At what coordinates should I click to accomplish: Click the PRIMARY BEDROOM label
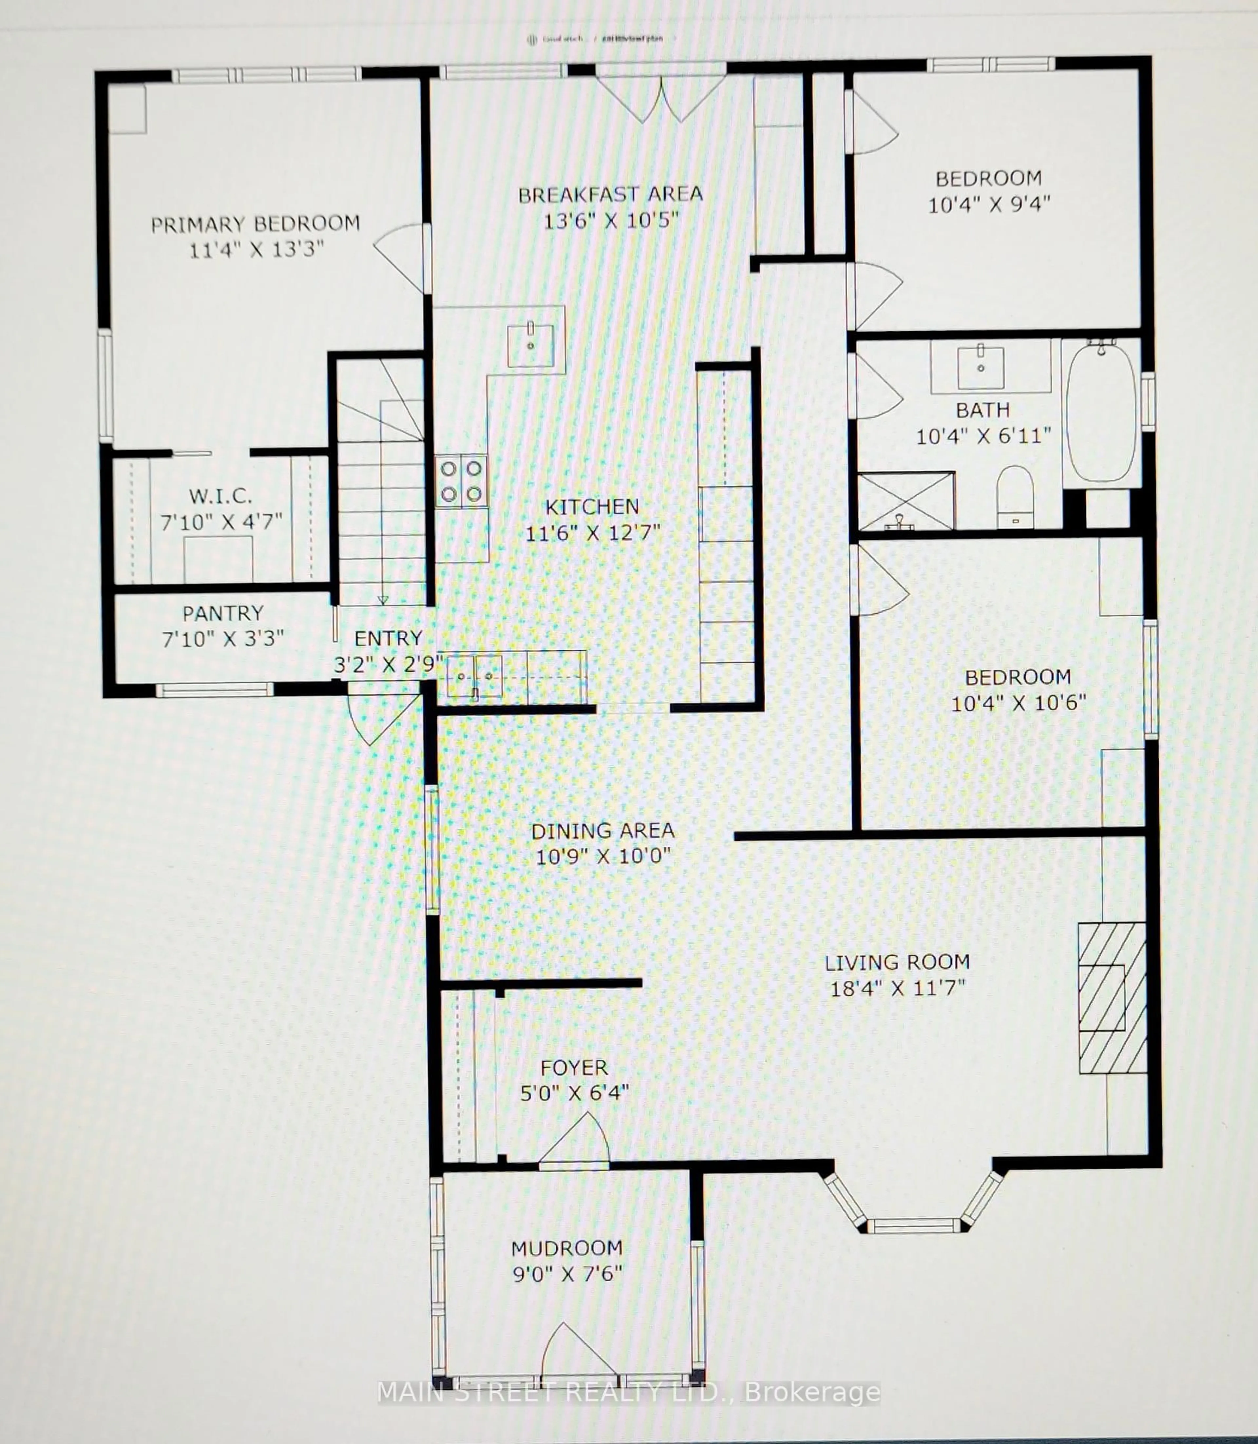[256, 224]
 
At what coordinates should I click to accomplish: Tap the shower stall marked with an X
[905, 501]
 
